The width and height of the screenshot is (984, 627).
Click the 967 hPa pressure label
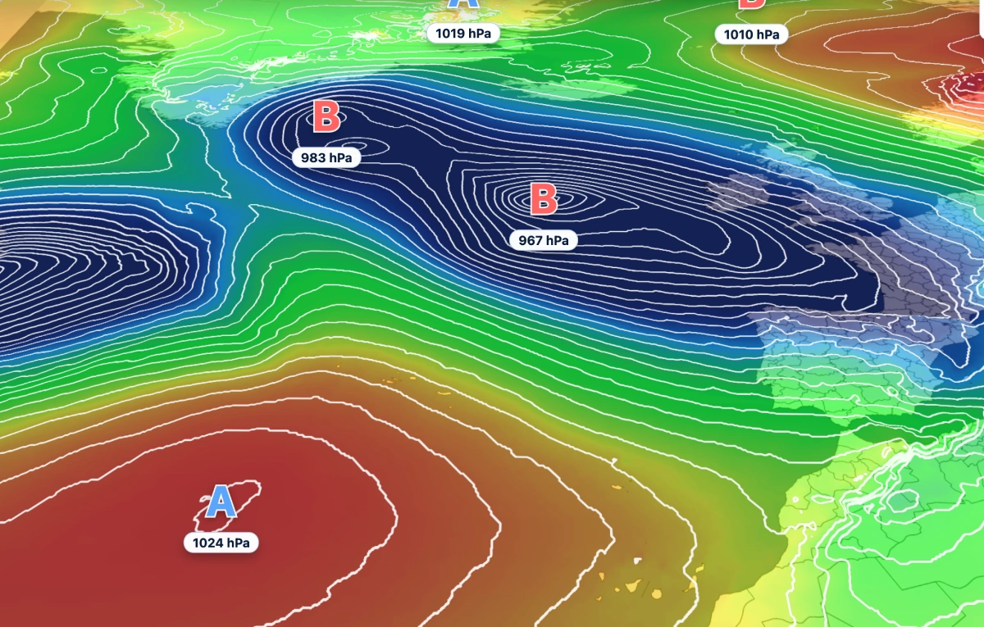pos(543,240)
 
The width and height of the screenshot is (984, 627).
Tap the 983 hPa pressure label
pos(326,157)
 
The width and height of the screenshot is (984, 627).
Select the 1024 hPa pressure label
pos(221,543)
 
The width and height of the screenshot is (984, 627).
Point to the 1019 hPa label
pos(462,33)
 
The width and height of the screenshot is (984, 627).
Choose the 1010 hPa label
pos(751,34)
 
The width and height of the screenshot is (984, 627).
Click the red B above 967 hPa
pos(543,200)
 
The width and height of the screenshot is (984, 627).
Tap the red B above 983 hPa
pos(326,117)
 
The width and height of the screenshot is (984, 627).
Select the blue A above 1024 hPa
pos(220,502)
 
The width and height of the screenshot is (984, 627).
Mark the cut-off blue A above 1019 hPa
pos(463,5)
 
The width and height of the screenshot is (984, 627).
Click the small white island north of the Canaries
pos(638,561)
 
